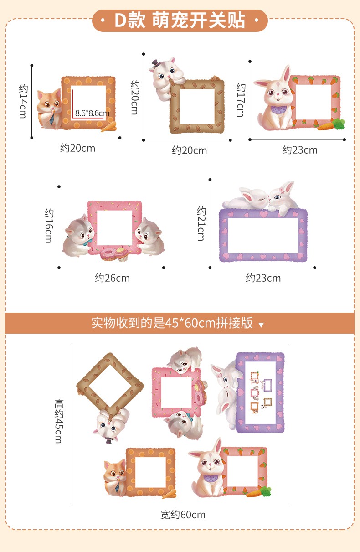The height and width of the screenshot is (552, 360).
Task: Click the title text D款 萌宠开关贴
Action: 180,21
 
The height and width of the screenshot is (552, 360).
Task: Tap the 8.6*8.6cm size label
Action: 92,113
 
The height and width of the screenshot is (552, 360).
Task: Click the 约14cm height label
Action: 23,101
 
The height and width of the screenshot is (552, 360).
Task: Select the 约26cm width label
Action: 112,278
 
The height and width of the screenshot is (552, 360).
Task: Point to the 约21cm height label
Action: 201,223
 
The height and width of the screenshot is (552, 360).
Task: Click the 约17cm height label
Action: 241,99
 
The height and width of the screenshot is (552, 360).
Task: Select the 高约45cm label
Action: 59,421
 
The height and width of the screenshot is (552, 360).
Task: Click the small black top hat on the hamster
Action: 156,63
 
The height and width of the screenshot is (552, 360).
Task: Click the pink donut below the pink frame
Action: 108,254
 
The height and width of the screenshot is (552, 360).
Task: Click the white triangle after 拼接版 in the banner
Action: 261,325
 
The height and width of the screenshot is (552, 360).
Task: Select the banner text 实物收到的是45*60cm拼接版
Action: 172,323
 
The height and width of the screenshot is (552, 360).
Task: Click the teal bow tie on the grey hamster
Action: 87,243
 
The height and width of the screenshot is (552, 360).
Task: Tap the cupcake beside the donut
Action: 123,254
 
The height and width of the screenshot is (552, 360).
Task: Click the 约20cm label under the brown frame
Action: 189,150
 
